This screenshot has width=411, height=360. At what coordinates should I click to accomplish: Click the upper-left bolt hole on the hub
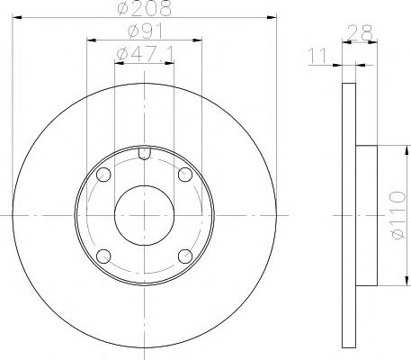coord(103,175)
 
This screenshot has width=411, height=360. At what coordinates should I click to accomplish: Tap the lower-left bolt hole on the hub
coord(103,256)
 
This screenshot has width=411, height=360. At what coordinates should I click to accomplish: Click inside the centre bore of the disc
coord(144,215)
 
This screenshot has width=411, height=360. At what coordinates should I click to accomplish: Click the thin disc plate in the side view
coord(349,215)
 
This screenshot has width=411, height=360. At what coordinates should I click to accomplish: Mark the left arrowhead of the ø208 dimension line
coord(18,18)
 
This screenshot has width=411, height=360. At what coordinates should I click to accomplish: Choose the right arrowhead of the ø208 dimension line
coord(272,18)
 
